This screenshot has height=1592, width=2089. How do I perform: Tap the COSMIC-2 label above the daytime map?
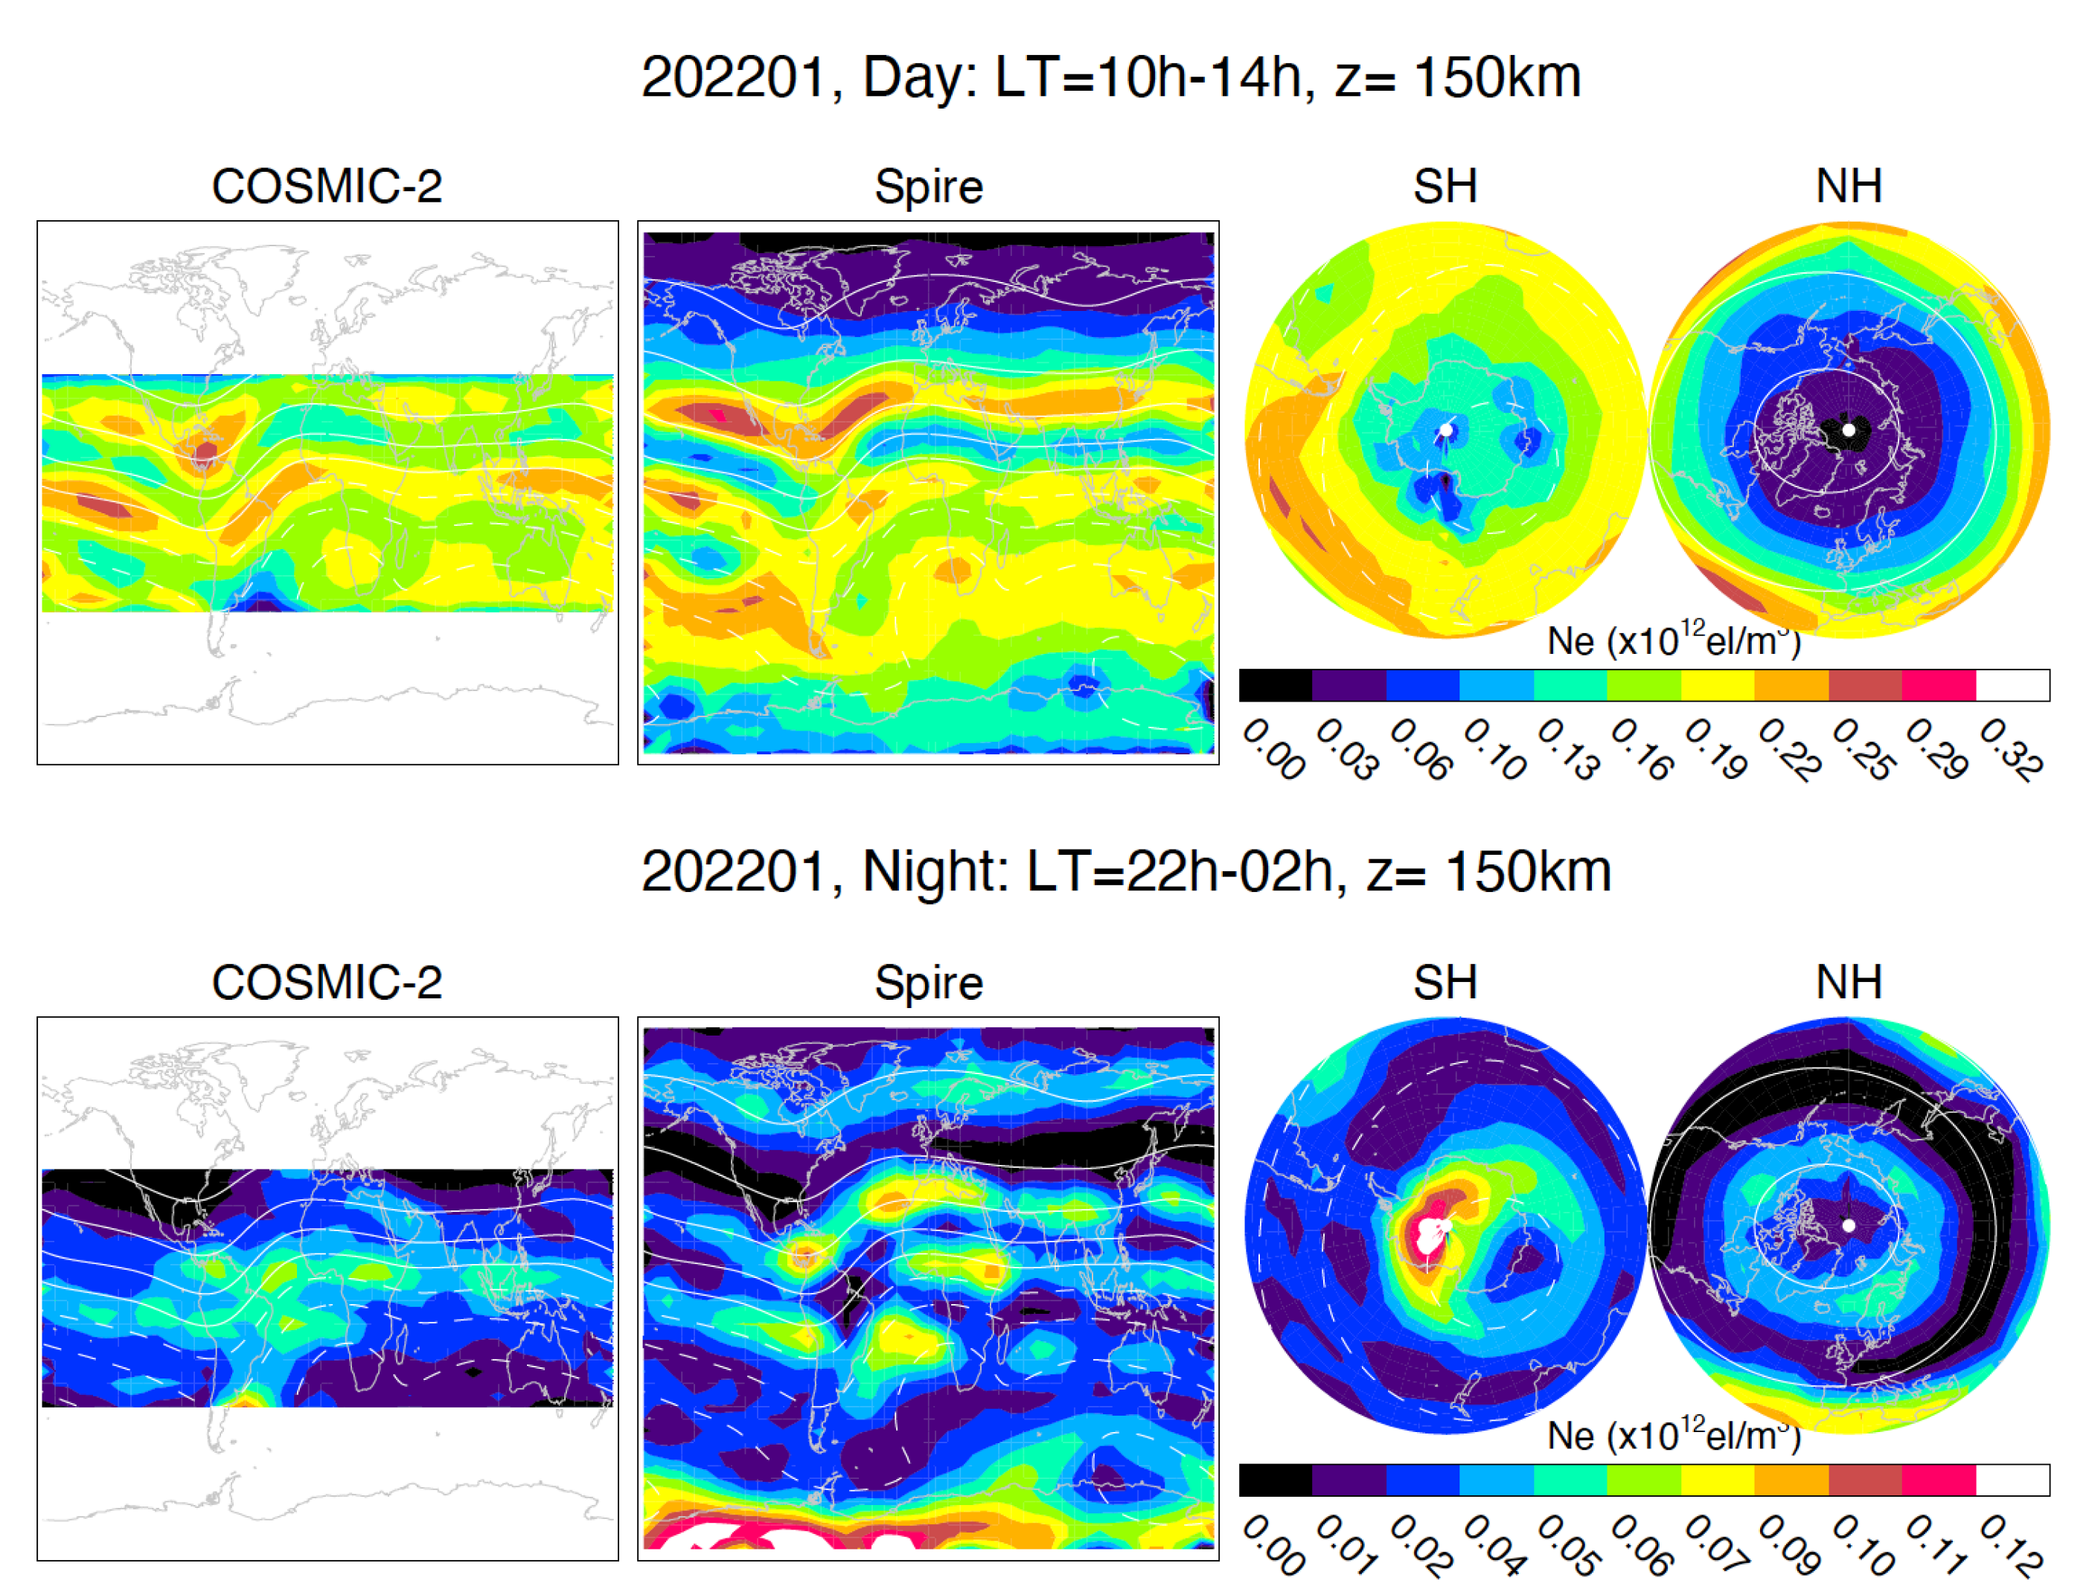tap(327, 187)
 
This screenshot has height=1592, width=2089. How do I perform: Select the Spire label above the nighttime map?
tap(928, 983)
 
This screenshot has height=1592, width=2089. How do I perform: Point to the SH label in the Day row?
tap(1445, 187)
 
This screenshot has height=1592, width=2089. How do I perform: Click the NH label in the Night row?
tap(1849, 983)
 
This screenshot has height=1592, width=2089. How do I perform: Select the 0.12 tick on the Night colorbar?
tap(2012, 1544)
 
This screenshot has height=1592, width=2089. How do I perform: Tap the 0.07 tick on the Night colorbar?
tap(1716, 1544)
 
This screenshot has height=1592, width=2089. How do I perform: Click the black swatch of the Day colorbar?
tap(1275, 685)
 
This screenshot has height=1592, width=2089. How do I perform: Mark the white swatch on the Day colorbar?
tap(2012, 685)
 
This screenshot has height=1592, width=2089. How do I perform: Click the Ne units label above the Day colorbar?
tap(1674, 641)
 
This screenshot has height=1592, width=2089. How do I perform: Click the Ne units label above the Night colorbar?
tap(1674, 1437)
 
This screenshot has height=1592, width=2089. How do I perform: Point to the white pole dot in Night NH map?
tap(1849, 1225)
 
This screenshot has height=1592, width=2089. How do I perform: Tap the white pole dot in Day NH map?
tap(1849, 430)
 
